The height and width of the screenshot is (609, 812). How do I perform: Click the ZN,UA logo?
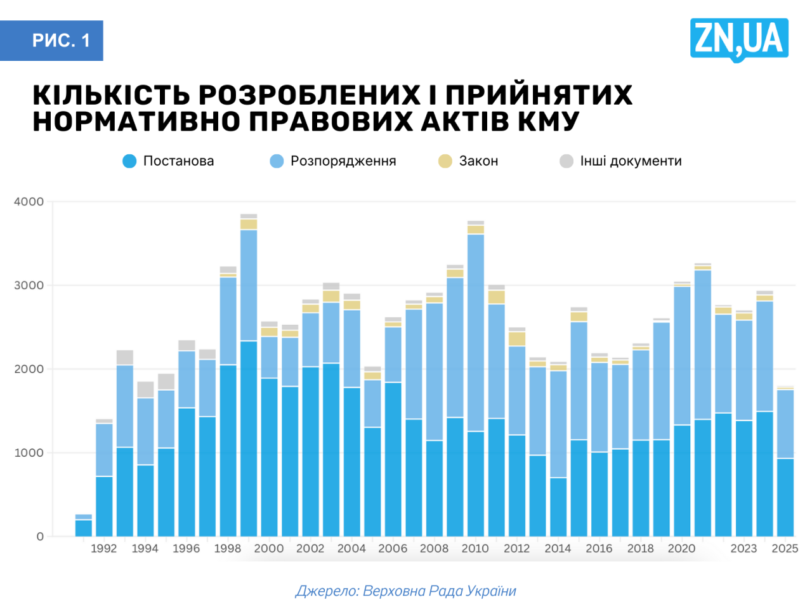tap(739, 39)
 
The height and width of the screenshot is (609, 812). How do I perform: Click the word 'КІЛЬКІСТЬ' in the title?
tap(111, 95)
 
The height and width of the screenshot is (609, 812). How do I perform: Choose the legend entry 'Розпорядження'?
tap(334, 161)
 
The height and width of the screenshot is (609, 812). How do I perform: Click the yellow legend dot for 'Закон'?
tap(445, 161)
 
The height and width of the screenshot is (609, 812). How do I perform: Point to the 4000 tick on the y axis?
tap(29, 202)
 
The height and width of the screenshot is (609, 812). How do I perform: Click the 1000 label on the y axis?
tap(29, 453)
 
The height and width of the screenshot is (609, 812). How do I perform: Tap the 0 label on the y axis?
tap(40, 537)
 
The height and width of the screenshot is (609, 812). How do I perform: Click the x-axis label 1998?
tap(228, 549)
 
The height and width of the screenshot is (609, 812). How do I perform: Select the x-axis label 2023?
tap(743, 549)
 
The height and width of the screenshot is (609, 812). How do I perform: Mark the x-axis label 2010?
tap(475, 549)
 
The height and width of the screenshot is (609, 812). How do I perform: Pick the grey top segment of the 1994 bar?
tap(145, 390)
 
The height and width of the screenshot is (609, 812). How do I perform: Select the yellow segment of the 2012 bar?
tap(517, 339)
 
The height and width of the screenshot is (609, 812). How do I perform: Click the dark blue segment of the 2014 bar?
tap(558, 507)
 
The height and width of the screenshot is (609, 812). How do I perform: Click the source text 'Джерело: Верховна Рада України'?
tap(406, 591)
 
